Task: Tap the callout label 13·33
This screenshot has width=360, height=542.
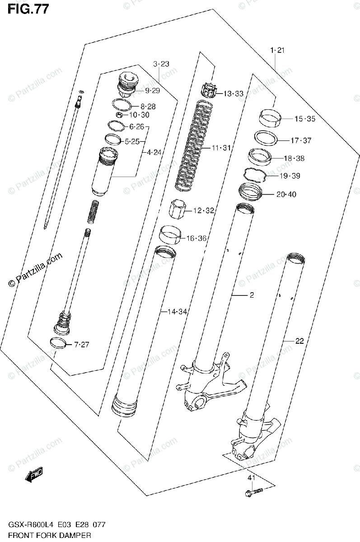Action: pos(234,94)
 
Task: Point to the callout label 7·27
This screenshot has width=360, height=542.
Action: pos(82,345)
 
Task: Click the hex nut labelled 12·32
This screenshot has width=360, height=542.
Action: pos(178,209)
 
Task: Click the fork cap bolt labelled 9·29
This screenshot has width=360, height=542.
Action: pos(128,85)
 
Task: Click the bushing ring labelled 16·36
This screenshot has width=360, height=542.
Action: pos(172,235)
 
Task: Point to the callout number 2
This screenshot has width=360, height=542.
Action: pos(252,295)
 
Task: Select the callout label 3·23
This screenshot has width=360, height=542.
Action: pos(160,64)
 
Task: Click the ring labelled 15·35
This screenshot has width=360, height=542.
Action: pos(271,119)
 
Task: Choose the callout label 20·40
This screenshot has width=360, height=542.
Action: pos(286,195)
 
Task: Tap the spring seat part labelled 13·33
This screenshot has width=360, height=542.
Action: pos(209,90)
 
